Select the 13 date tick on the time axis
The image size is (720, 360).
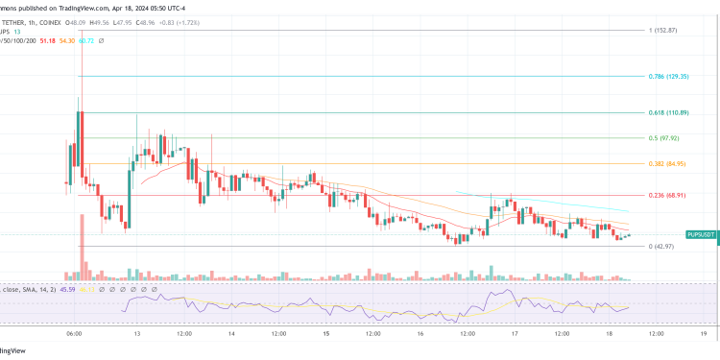pyautogui.click(x=138, y=335)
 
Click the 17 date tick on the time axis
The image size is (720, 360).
pyautogui.click(x=515, y=335)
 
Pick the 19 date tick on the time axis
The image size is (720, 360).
pyautogui.click(x=704, y=335)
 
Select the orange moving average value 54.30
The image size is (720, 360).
pyautogui.click(x=67, y=41)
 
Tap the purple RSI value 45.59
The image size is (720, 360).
pyautogui.click(x=67, y=287)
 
